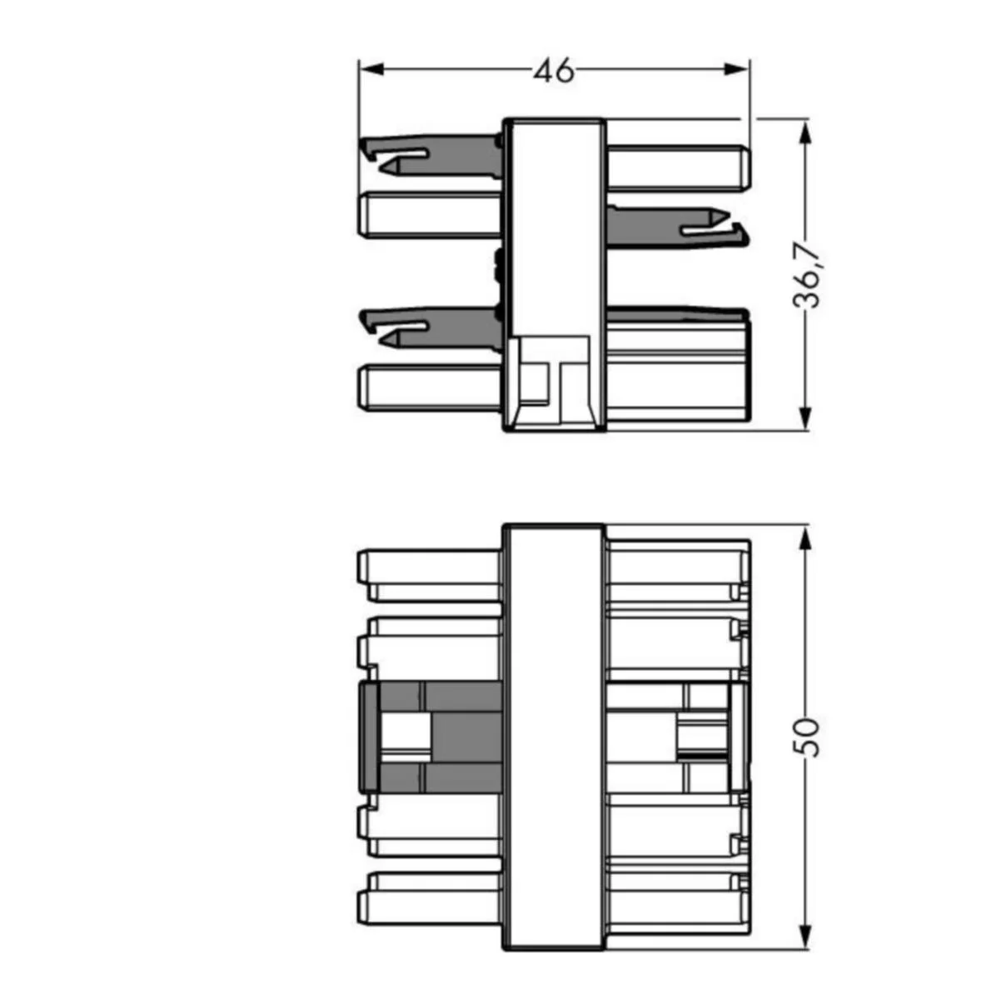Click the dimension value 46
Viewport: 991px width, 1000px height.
tap(554, 71)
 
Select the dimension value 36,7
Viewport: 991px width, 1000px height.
tap(806, 274)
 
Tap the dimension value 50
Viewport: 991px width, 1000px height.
tap(806, 737)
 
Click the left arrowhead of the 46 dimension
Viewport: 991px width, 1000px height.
tap(371, 69)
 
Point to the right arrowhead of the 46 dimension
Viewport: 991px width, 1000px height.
tap(737, 69)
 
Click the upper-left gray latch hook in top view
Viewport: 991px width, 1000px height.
tap(431, 156)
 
